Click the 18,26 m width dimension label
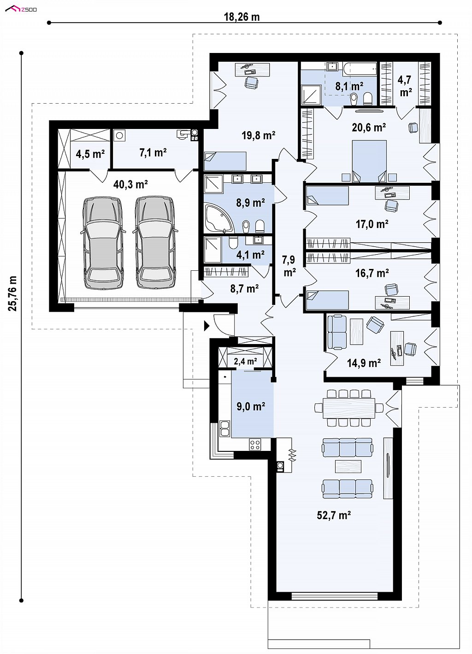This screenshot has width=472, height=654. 242,17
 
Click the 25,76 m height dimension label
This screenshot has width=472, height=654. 12,293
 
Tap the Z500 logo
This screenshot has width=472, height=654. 21,9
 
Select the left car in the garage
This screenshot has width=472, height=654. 102,243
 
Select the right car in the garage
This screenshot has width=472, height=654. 155,243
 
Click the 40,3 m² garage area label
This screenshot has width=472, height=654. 130,185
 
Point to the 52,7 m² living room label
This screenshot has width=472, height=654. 334,515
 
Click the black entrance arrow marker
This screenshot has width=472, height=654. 206,326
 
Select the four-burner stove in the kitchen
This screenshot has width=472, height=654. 255,444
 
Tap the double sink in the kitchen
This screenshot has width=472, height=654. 224,429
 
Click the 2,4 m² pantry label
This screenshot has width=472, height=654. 246,362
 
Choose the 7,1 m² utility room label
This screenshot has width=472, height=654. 153,152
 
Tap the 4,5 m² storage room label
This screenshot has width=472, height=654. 90,154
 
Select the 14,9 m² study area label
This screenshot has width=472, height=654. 364,363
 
